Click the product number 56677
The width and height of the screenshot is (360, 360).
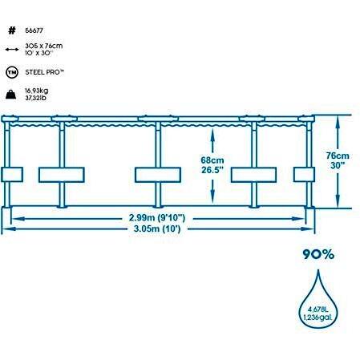point(34,30)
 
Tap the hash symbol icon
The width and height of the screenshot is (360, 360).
point(12,30)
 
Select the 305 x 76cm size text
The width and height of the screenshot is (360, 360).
point(44,46)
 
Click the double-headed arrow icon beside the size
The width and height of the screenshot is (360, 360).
point(12,50)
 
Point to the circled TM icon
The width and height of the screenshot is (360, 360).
point(12,72)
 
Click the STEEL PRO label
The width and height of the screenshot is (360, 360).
point(45,72)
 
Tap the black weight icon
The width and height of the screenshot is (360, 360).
point(11,95)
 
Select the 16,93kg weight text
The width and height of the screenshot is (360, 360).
point(37,91)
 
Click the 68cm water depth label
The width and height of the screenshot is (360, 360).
point(212,160)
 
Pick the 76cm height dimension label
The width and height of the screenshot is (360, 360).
point(338,156)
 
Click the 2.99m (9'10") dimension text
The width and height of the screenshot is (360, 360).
point(157,218)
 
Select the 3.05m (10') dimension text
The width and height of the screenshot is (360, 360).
point(157,229)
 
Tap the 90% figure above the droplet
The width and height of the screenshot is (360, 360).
point(318,254)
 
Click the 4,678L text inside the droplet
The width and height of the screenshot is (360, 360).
point(318,309)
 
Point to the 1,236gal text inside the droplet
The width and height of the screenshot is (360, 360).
point(318,318)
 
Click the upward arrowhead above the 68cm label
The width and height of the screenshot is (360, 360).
point(212,133)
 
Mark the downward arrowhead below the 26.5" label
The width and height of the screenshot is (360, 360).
point(212,197)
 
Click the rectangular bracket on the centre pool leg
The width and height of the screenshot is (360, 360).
point(158,175)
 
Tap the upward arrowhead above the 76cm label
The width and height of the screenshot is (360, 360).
point(338,121)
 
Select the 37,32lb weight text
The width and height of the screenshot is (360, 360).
point(35,98)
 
